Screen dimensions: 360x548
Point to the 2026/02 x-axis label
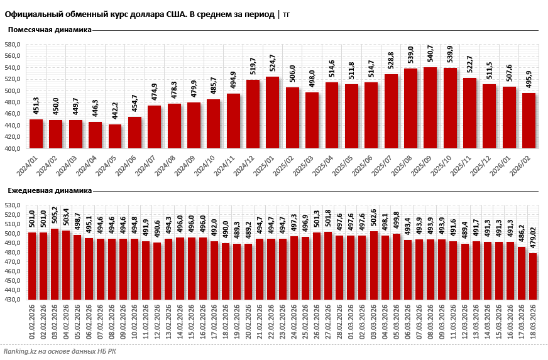tap(525, 165)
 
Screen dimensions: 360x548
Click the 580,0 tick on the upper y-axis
tap(13, 45)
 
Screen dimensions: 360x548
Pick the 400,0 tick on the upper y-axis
tap(13, 149)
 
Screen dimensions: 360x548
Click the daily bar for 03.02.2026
tap(55, 264)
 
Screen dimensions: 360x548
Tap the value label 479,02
tap(533, 239)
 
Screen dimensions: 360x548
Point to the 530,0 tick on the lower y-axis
tap(13, 205)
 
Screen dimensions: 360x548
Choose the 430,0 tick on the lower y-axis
tap(13, 300)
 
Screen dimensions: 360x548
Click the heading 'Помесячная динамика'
tap(50, 30)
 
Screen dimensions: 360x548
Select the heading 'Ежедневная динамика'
tap(50, 190)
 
